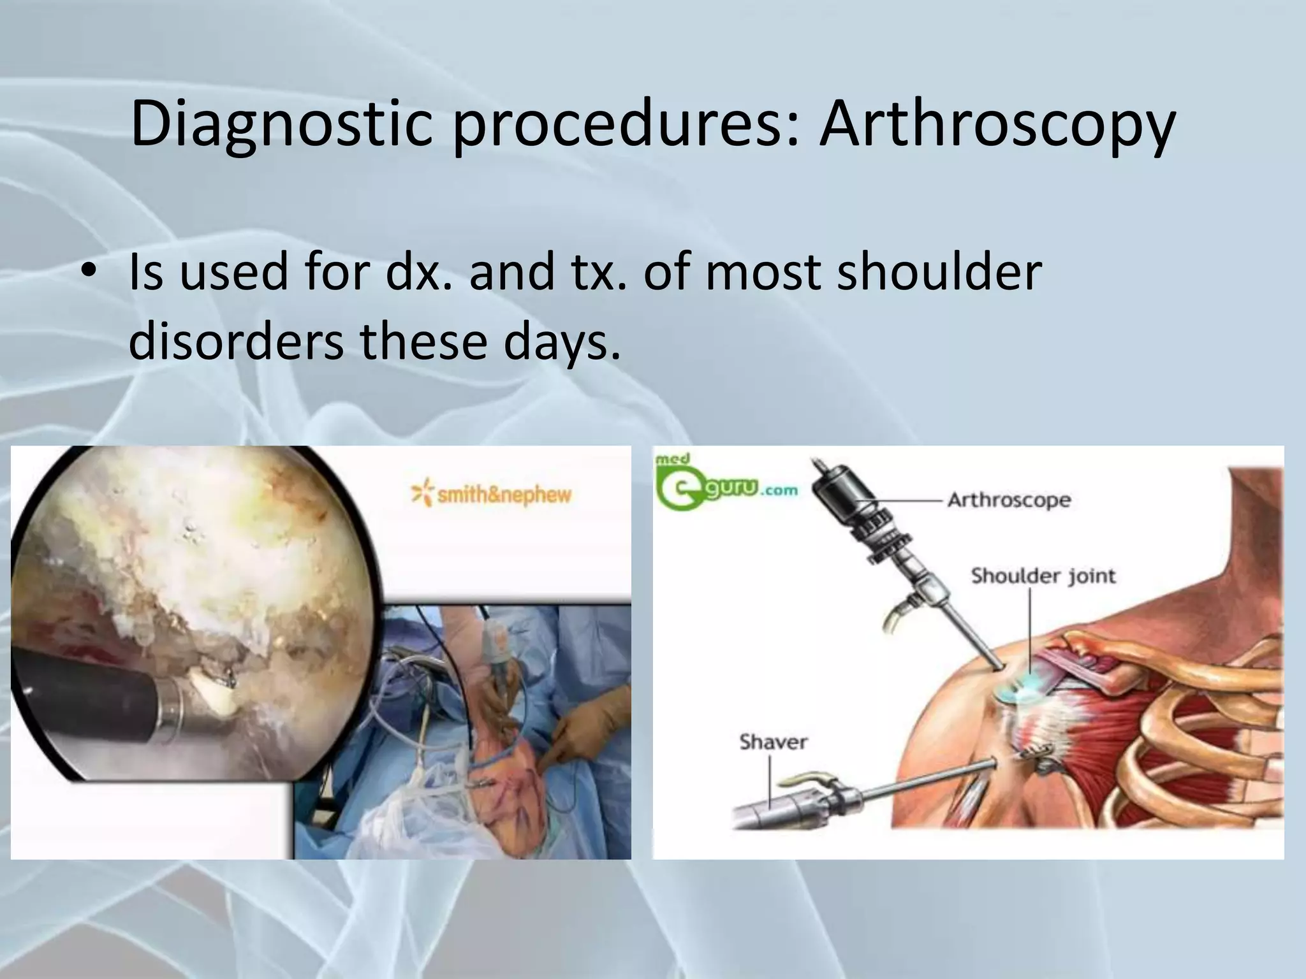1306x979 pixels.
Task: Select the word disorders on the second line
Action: click(236, 340)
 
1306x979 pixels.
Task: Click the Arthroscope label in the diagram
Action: click(1009, 499)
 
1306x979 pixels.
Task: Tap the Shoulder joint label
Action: click(1043, 576)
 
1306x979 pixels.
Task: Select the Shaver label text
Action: click(774, 742)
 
